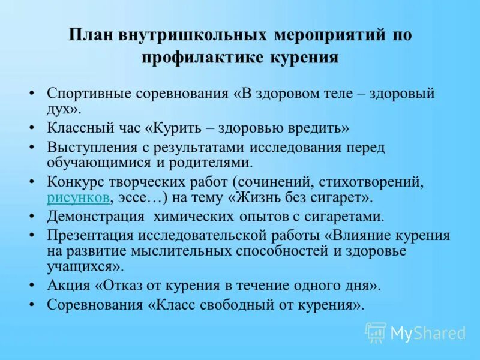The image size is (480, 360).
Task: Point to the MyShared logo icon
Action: pos(376,332)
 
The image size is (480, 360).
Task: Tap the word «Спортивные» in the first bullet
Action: pos(88,94)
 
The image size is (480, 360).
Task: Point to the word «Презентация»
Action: pos(90,236)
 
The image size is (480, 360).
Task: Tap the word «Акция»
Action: pos(67,285)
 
